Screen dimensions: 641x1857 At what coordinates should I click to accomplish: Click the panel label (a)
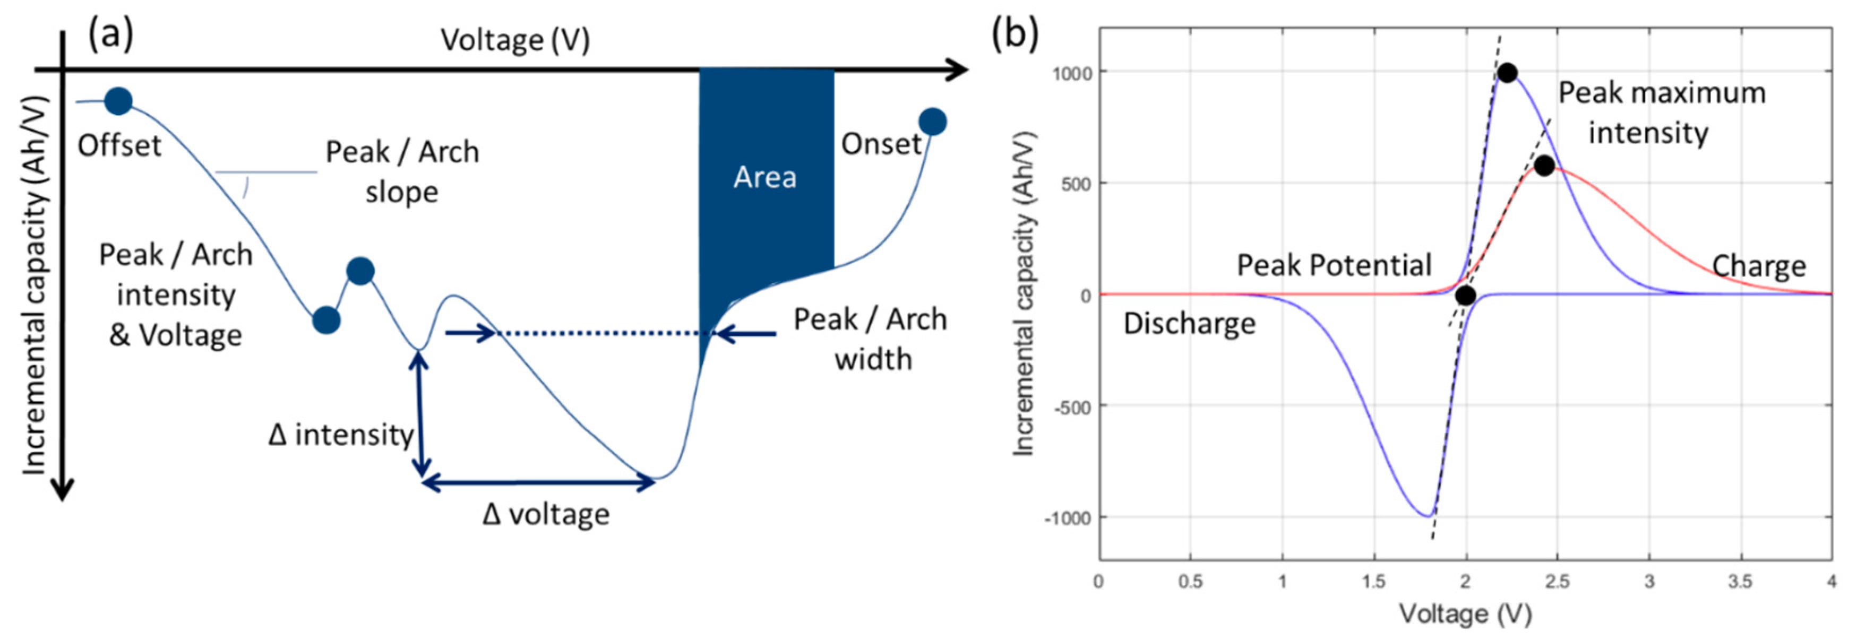110,34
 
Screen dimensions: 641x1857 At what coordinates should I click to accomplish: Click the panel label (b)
1015,34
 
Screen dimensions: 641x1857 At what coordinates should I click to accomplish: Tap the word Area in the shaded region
765,177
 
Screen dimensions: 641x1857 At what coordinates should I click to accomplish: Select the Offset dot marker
118,101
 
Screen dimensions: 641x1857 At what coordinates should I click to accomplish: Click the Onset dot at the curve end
932,122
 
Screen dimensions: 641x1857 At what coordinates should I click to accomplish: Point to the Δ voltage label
546,514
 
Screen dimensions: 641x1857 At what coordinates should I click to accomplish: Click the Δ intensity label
341,434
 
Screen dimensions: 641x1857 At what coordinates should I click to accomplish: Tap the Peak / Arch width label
870,339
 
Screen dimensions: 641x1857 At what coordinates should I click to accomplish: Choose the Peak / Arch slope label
401,171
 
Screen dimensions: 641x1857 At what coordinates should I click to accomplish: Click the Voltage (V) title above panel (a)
515,40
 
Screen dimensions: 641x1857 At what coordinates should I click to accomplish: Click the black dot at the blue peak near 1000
1507,73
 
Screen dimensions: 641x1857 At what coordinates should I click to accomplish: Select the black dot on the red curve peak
1543,166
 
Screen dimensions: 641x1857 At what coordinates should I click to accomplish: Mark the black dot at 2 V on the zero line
1465,295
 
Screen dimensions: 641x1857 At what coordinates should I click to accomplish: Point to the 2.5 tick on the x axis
1557,581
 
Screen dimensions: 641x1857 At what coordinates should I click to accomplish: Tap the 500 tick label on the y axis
1076,184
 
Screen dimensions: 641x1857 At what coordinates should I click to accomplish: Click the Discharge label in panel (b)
1190,324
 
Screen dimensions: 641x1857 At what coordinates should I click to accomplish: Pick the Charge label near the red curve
1759,266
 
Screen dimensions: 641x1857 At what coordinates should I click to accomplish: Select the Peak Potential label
1334,266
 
